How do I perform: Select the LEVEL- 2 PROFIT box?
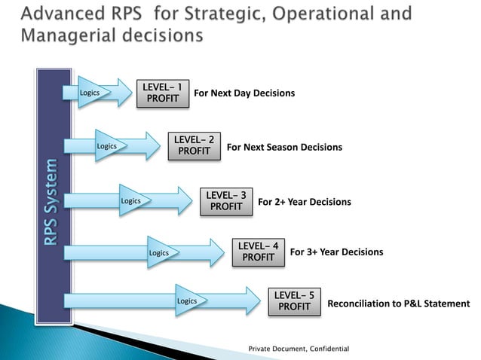click(x=194, y=145)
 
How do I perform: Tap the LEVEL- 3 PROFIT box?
click(x=225, y=201)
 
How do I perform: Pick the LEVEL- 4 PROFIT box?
click(x=258, y=252)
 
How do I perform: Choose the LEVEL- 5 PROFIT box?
click(x=294, y=301)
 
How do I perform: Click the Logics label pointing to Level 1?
click(x=90, y=93)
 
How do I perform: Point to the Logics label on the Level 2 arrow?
click(x=106, y=145)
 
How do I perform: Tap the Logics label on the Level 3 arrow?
click(x=131, y=201)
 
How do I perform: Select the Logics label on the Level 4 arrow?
click(x=158, y=252)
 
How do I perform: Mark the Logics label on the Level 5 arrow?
click(x=186, y=301)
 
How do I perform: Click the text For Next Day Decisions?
click(x=244, y=94)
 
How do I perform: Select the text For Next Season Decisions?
click(x=284, y=148)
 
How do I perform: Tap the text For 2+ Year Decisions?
click(x=305, y=203)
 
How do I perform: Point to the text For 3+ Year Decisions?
click(x=336, y=252)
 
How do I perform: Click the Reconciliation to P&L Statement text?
click(x=398, y=304)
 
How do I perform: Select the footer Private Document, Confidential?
click(x=299, y=349)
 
